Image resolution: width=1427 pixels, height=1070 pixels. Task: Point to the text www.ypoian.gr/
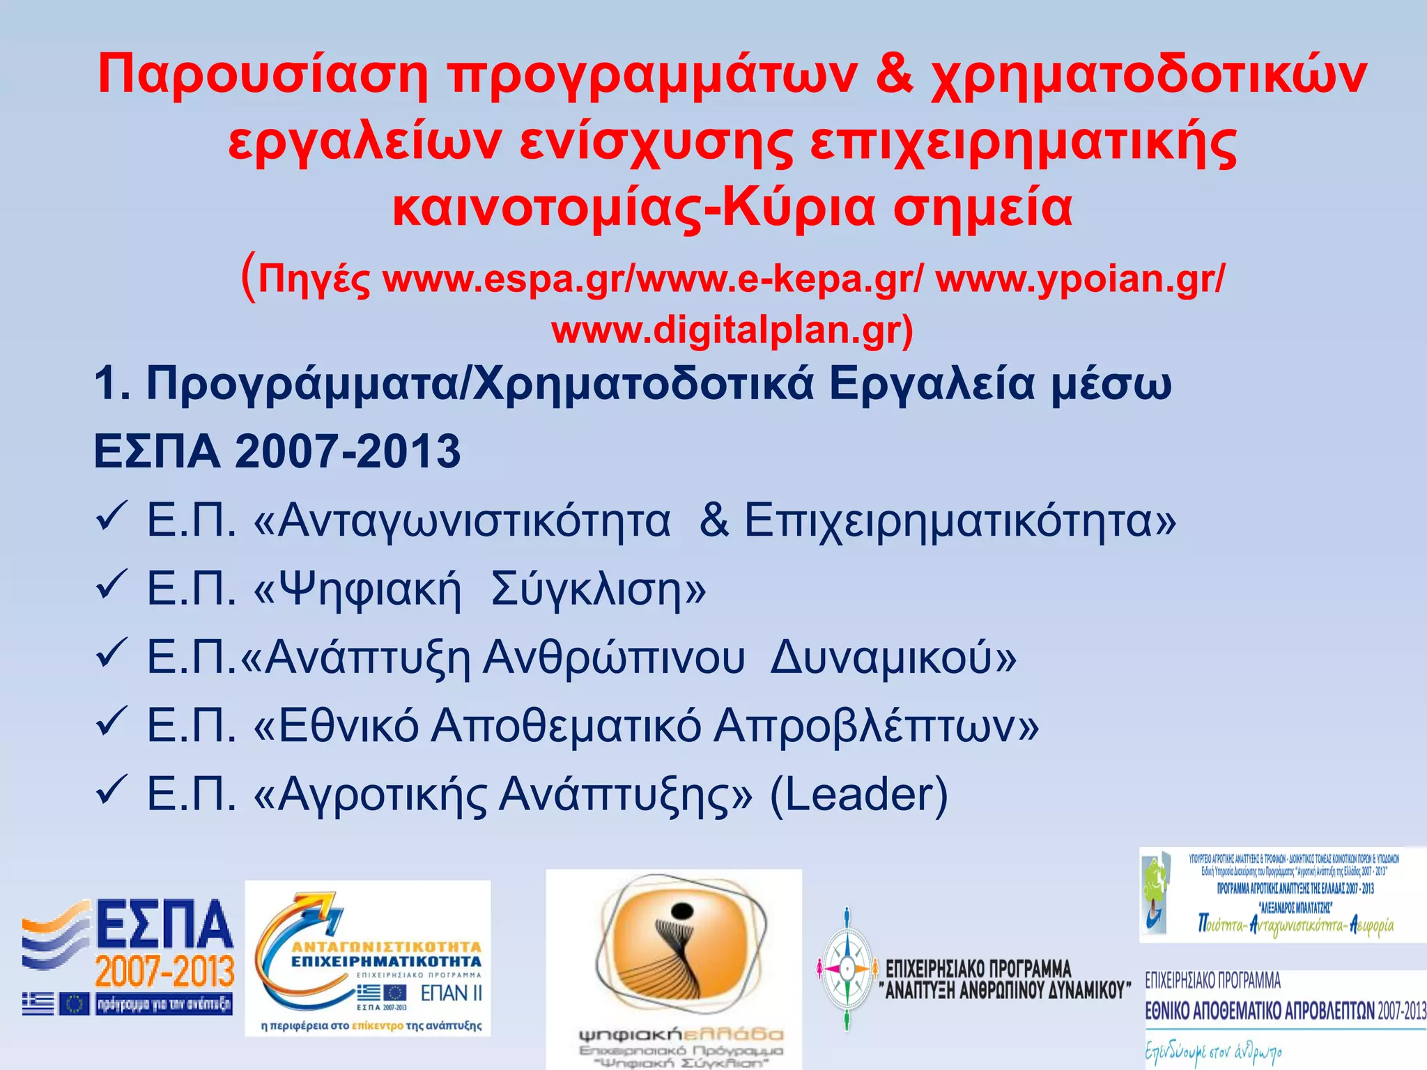coord(1079,279)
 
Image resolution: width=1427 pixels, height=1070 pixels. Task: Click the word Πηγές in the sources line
coord(314,281)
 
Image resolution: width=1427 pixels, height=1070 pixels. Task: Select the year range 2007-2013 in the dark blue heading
coord(348,451)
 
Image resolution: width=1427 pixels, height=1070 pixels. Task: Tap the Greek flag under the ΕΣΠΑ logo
coord(38,1004)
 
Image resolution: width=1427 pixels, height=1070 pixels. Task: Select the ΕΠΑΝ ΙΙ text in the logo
coord(451,993)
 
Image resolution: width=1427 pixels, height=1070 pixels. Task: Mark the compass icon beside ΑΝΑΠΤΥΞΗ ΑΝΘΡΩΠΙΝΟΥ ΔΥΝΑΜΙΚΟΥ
coord(847,968)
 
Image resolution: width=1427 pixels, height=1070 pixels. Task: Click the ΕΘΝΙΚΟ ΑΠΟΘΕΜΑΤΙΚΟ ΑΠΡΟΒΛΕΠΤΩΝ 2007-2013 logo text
coord(1286,1011)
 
